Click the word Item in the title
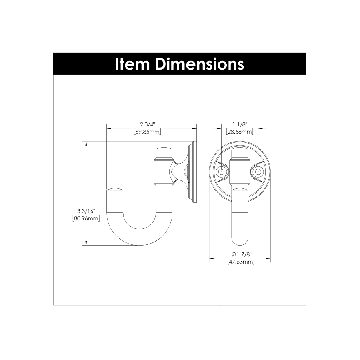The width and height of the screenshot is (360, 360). [132, 64]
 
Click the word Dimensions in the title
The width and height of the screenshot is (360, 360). [200, 64]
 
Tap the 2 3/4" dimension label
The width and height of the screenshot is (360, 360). [148, 125]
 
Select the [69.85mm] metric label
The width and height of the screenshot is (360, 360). [147, 132]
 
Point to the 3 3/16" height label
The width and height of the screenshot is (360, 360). [86, 211]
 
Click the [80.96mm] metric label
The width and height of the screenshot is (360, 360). [86, 218]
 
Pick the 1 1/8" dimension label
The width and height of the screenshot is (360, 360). [240, 125]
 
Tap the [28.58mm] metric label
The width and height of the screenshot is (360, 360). [240, 132]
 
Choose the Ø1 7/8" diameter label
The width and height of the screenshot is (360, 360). [242, 254]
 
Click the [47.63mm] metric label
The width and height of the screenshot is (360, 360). [241, 262]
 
